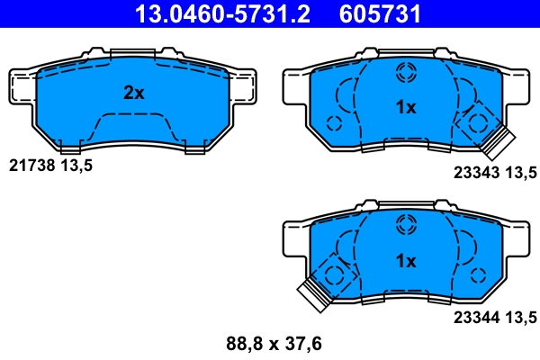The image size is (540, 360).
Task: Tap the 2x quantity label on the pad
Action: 134,93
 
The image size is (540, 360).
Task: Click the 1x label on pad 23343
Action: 406,108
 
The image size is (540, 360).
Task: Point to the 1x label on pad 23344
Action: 406,261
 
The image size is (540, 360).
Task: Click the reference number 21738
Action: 31,166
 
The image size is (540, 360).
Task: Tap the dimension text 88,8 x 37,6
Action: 273,343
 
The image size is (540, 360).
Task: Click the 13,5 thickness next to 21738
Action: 76,166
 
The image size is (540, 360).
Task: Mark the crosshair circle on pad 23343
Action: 406,71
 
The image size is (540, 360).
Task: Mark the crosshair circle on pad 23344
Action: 406,223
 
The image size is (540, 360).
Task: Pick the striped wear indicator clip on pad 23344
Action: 314,292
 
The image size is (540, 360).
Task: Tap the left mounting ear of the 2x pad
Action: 22,85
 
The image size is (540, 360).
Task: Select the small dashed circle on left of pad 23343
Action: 334,123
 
